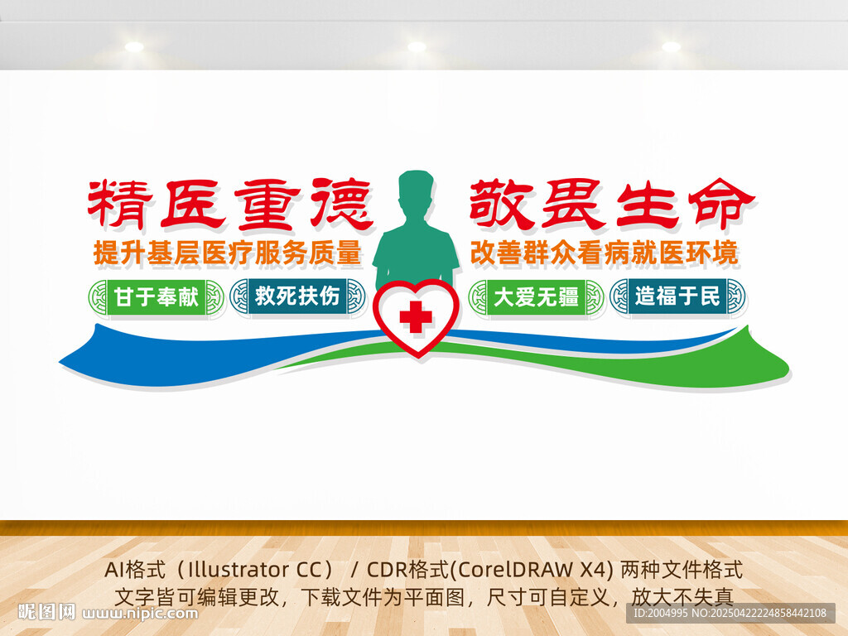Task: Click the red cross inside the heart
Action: pos(415,316)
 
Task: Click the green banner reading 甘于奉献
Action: pos(157,297)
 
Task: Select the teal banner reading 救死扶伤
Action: pos(297,296)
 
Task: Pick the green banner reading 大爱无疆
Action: pos(537,297)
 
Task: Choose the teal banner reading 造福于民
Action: pos(677,296)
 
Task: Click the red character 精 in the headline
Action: pos(119,204)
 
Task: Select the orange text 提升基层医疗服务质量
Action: pos(228,253)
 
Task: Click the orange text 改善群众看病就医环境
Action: pos(604,253)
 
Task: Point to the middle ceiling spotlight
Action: pos(417,46)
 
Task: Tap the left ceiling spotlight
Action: pos(134,46)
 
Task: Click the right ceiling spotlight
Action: pos(671,46)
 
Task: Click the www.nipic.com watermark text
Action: pos(141,614)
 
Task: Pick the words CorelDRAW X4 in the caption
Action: pos(533,571)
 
